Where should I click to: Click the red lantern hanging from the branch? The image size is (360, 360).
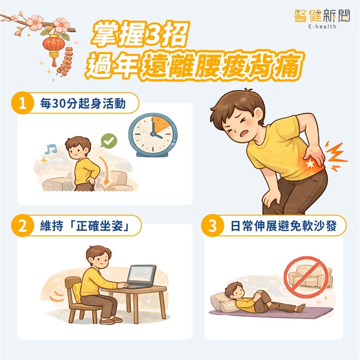click(x=52, y=45)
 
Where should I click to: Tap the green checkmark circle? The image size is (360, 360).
click(x=108, y=141)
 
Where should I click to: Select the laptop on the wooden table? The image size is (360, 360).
click(x=141, y=276)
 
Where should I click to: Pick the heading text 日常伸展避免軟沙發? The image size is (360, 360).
click(x=281, y=226)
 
